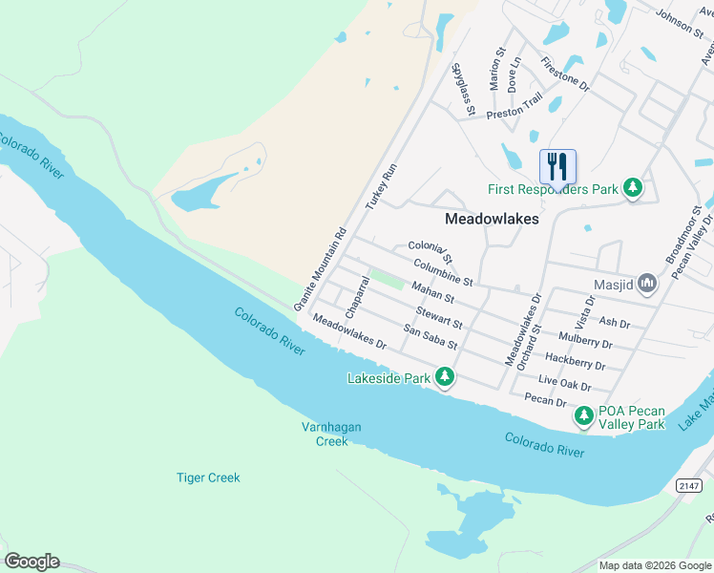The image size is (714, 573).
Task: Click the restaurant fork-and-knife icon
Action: (x=558, y=166)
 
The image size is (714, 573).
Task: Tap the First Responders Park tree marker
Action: (x=632, y=189)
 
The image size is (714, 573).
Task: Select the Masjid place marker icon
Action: (x=648, y=283)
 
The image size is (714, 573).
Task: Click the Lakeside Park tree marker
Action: (x=444, y=378)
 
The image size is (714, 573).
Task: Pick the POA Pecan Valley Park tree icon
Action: (x=583, y=416)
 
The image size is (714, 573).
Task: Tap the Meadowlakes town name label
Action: (x=493, y=219)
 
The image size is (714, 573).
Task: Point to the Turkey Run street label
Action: (x=380, y=187)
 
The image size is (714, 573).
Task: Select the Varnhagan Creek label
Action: (x=332, y=434)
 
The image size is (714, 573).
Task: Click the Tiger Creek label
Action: (x=208, y=477)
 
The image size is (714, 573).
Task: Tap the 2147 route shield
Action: (x=689, y=486)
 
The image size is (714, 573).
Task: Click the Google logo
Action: (x=31, y=562)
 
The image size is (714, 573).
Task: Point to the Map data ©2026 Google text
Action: (x=654, y=565)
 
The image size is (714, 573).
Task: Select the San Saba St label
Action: (x=430, y=337)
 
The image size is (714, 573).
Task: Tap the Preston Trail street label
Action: (x=514, y=106)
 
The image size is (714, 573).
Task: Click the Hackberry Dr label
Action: (x=575, y=361)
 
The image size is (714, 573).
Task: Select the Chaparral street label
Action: (x=357, y=298)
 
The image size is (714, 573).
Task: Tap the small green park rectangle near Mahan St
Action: (x=387, y=279)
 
